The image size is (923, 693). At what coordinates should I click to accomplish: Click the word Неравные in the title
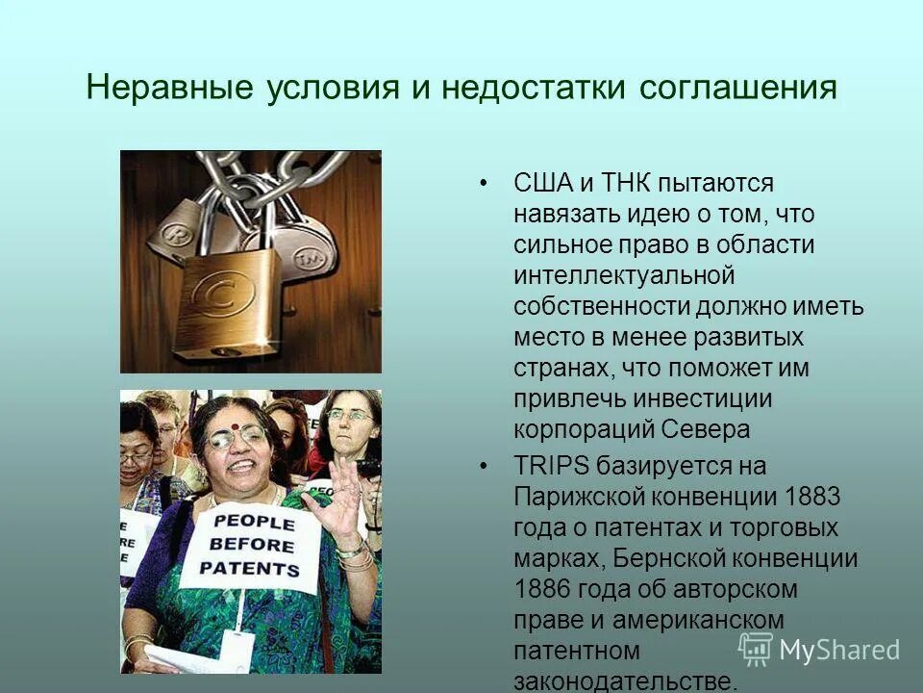coord(162,89)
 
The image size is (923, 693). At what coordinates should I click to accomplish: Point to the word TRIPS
coord(552,467)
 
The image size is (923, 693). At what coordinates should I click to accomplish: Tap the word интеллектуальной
coord(624,275)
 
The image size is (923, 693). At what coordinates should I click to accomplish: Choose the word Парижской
coord(579,498)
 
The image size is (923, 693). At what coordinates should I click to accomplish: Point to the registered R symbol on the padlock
coord(177,234)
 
